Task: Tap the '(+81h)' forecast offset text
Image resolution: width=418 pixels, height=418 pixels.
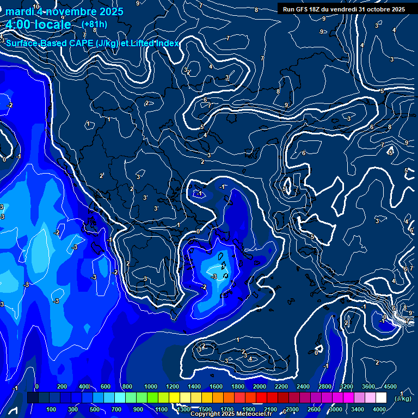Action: [x=94, y=24]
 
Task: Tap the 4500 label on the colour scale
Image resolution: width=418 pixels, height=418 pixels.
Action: [x=390, y=386]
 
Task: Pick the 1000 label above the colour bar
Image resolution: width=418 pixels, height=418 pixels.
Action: [x=150, y=386]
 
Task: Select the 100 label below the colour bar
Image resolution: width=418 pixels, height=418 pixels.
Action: [x=52, y=409]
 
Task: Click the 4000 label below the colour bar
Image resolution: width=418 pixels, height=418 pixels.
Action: [x=379, y=409]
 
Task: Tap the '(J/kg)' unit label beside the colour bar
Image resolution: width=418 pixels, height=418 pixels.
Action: [x=402, y=399]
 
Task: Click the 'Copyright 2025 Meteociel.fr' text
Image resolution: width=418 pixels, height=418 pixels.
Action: [x=230, y=414]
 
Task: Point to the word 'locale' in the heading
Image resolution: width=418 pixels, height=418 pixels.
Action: [x=51, y=25]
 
